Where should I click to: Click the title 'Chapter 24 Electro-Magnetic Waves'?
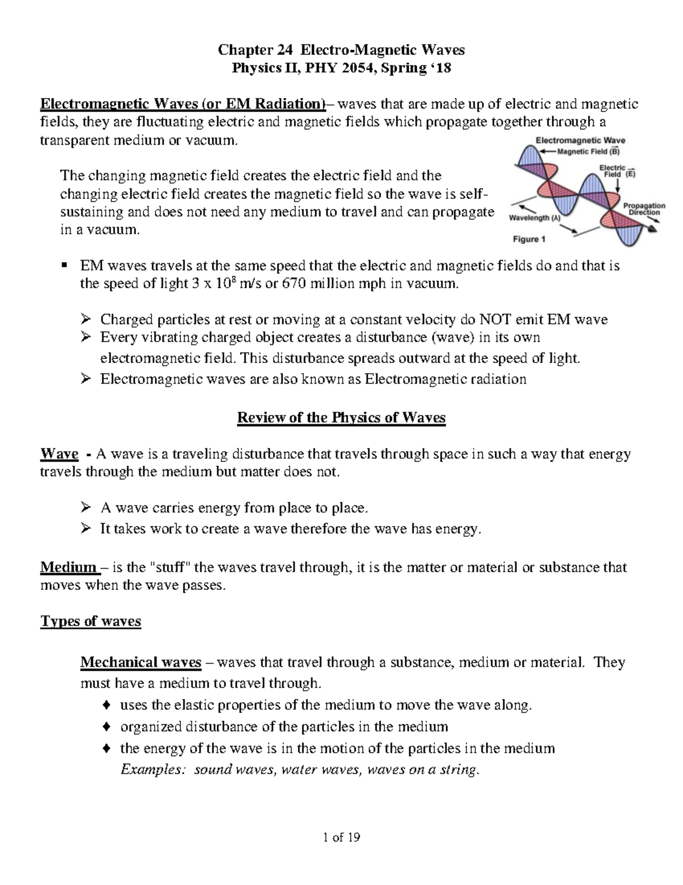click(341, 50)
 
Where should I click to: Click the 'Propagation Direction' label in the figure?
click(644, 209)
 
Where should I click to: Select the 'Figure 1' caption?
click(529, 239)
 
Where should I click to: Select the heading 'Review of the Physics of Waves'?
click(341, 418)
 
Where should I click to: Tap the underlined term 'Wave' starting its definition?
click(59, 454)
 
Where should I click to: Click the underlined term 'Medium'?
click(68, 567)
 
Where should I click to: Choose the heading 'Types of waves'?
click(90, 621)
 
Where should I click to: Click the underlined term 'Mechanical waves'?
click(141, 662)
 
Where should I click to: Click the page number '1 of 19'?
click(341, 837)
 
